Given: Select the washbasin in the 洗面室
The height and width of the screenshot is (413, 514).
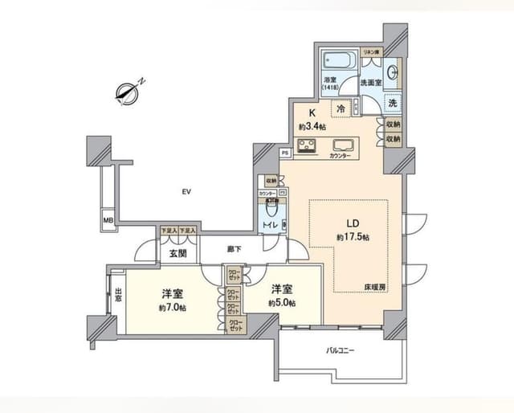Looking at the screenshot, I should point(391,73).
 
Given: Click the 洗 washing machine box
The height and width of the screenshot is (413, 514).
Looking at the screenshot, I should point(393,103).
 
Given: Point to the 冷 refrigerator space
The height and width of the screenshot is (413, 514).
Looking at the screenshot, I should point(341,108).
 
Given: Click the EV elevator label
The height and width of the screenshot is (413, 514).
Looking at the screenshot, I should point(186,191).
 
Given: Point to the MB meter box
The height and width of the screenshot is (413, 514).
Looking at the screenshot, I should point(107,218).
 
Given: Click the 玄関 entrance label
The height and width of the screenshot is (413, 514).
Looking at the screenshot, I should point(177,254).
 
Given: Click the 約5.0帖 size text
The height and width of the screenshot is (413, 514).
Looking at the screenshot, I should point(282,303).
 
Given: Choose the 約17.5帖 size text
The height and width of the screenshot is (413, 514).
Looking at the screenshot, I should point(353,237).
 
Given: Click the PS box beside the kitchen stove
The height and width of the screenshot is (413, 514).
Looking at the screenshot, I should point(284,152).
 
